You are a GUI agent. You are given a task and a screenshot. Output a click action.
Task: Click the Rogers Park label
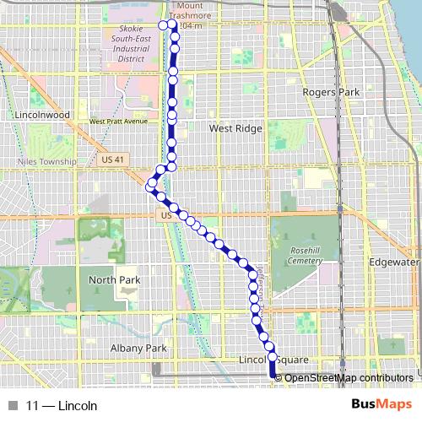pyautogui.click(x=331, y=91)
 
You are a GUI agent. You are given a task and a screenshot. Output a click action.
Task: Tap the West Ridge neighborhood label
pyautogui.click(x=235, y=128)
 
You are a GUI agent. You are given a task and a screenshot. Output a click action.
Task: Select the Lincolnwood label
pyautogui.click(x=41, y=112)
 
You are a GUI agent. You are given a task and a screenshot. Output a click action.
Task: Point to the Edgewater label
pyautogui.click(x=394, y=262)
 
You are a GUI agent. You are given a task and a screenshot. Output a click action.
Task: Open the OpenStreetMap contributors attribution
pyautogui.click(x=348, y=378)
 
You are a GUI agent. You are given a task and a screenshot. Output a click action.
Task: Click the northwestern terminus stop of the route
pyautogui.click(x=164, y=24)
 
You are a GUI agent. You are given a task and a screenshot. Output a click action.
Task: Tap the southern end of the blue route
pyautogui.click(x=273, y=376)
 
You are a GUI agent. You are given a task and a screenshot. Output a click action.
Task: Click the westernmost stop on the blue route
pyautogui.click(x=152, y=183)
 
